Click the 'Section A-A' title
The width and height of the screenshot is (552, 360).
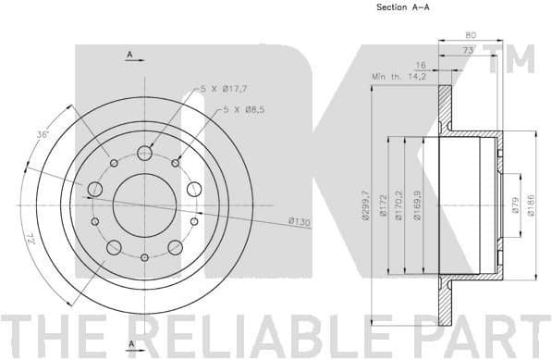point(401,7)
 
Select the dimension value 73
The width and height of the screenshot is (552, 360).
point(468,52)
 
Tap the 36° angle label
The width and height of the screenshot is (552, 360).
point(42,135)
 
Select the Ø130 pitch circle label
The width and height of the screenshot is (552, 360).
point(299,220)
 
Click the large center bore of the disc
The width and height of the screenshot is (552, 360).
point(144,203)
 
